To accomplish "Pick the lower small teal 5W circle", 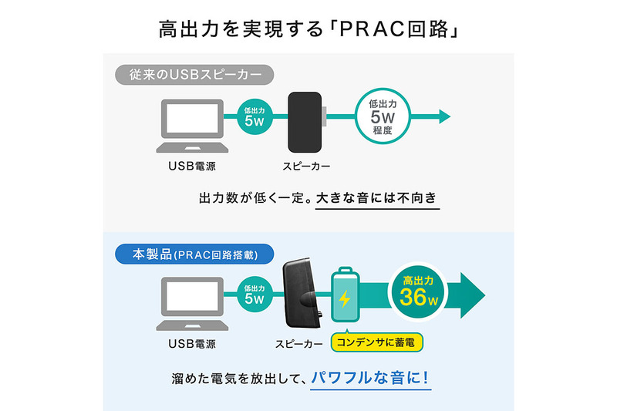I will click(x=255, y=294).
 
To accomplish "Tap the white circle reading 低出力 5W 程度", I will click(x=382, y=116).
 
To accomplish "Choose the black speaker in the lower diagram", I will click(x=302, y=294).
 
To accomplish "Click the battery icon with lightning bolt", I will click(x=345, y=296).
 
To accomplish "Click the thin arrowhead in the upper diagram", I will click(x=444, y=116).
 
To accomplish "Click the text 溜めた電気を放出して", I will click(x=235, y=380).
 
